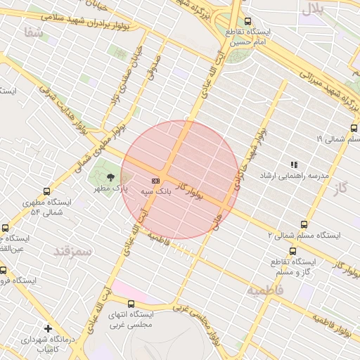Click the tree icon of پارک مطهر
pos(110,176)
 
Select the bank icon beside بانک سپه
pos(155,181)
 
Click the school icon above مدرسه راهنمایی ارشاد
pos(294,165)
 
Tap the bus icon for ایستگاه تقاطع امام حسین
pos(247,22)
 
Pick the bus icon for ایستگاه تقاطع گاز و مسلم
pos(292,251)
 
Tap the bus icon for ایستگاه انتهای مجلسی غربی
pos(131,304)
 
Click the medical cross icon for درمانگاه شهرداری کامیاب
pos(48,328)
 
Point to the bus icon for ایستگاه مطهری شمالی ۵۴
pos(47,191)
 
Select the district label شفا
pos(33,32)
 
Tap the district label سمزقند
pos(72,250)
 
